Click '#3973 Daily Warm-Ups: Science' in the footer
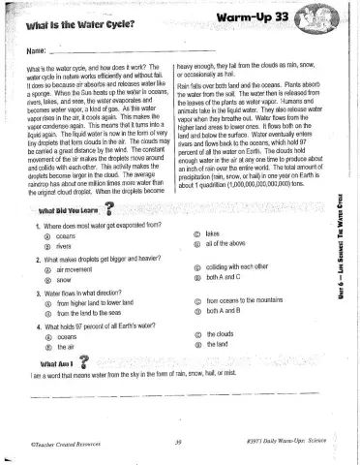[x=287, y=445]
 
